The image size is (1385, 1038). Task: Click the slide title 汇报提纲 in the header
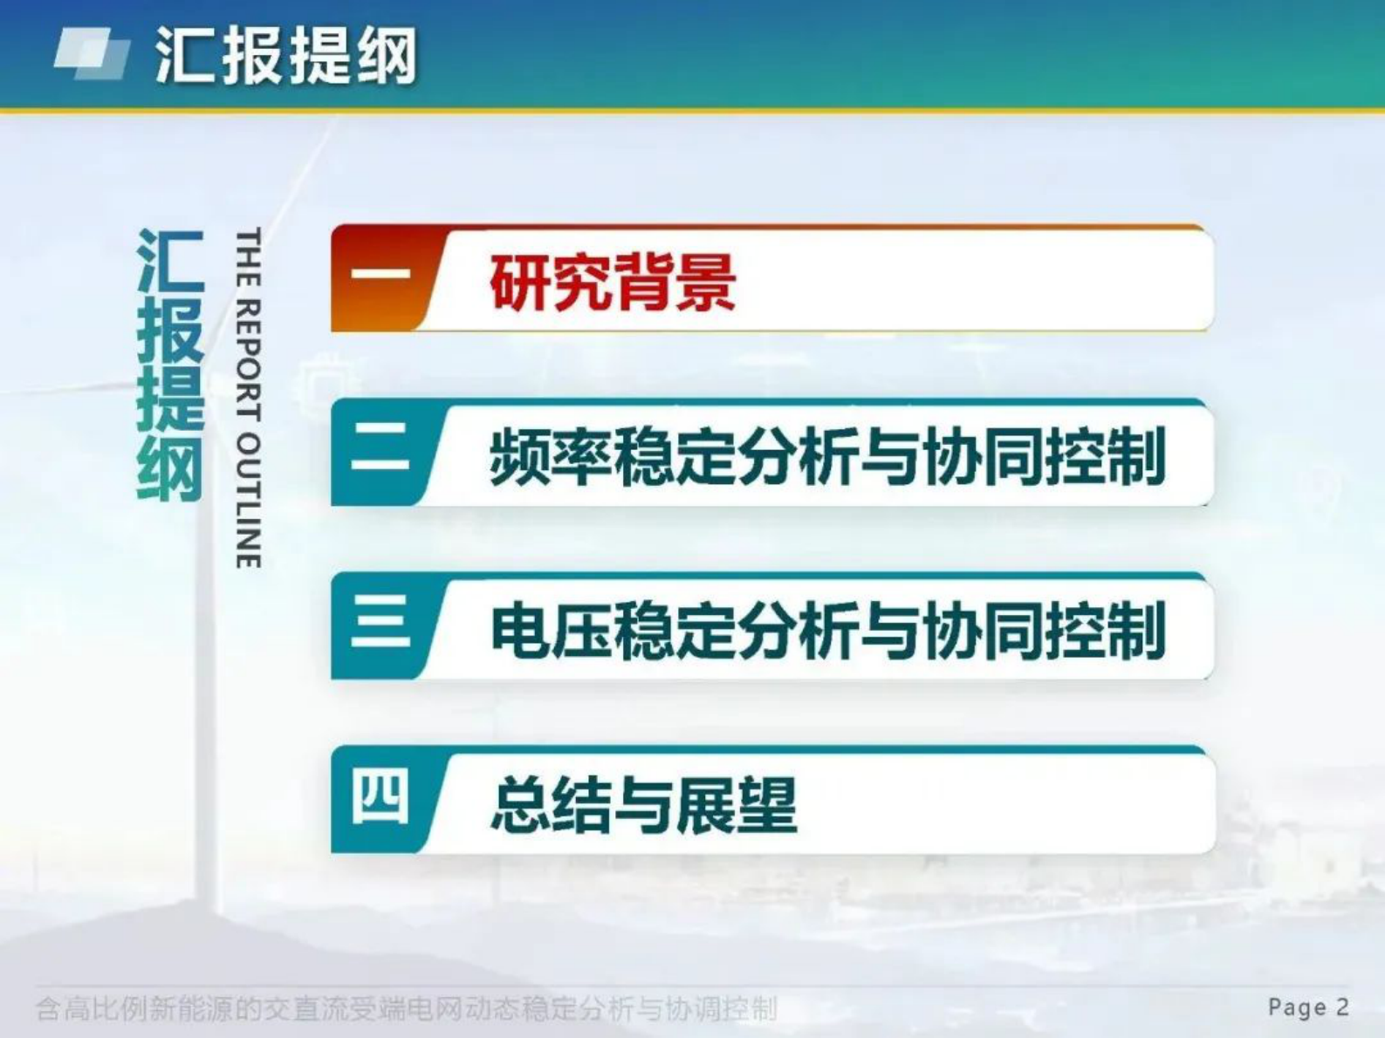[x=285, y=56]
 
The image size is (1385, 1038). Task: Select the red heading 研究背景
[x=613, y=282]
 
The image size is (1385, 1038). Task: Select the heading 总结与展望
[x=644, y=804]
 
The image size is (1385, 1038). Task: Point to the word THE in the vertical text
[x=249, y=257]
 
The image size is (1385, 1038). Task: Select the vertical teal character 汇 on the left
[x=170, y=262]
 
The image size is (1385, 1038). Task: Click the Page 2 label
[x=1308, y=1007]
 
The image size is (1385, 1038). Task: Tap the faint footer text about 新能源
[x=406, y=1009]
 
